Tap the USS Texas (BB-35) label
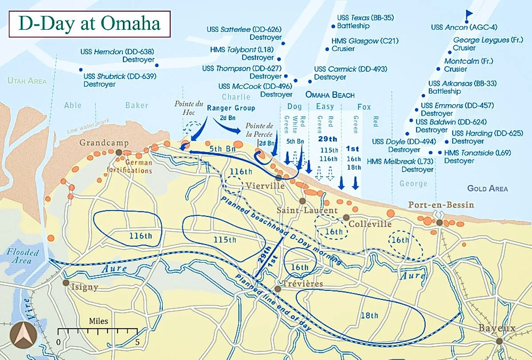[366, 18]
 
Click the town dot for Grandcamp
[119, 153]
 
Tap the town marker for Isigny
[66, 282]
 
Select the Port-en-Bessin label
[441, 205]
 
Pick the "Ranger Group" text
[231, 108]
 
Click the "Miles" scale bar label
[98, 321]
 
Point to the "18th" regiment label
[369, 316]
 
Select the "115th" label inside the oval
[225, 239]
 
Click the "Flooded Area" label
[23, 256]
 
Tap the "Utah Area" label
[27, 81]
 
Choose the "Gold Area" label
[487, 188]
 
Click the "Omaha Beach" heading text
[330, 95]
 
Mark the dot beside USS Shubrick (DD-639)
[81, 70]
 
